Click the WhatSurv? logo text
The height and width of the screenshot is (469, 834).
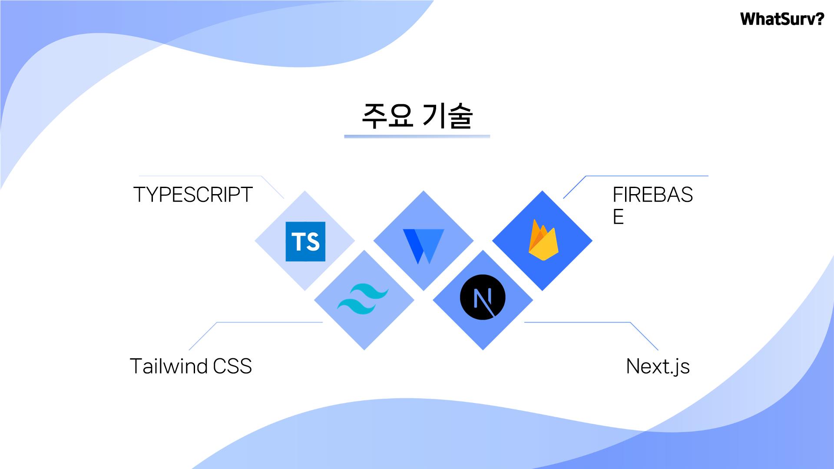point(781,19)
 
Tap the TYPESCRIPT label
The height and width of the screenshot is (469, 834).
point(193,195)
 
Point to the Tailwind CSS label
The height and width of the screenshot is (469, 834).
point(191,366)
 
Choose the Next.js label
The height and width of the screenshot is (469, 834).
point(658,367)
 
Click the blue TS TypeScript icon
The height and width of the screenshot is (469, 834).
point(305,241)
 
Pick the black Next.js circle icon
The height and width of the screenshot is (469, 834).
point(483,297)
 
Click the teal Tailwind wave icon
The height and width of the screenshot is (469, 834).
point(363,299)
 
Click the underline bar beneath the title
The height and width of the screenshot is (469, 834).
point(417,136)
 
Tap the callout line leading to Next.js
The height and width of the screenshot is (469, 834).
point(578,322)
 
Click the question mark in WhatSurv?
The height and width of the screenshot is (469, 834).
point(818,19)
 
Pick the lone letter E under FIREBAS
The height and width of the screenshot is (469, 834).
point(618,217)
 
